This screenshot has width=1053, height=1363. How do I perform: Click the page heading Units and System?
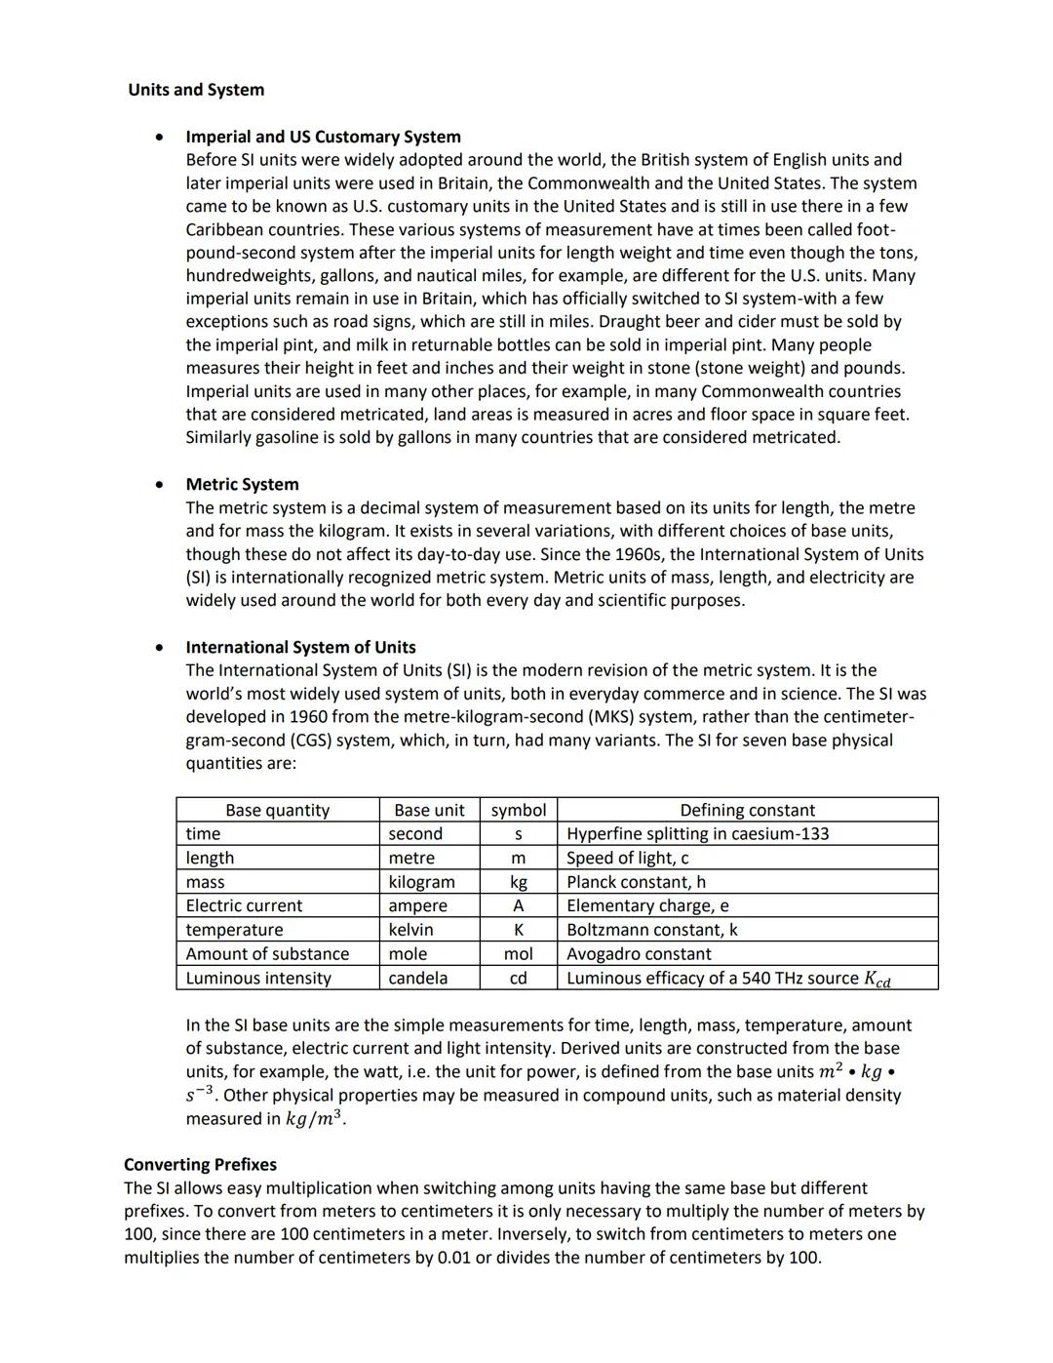[x=196, y=90]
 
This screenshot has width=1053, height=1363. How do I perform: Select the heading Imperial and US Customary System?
[x=323, y=137]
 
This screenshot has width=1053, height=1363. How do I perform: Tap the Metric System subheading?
[x=242, y=484]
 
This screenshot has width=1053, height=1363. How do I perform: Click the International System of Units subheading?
[x=300, y=647]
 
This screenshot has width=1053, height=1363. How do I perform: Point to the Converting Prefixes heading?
[x=200, y=1164]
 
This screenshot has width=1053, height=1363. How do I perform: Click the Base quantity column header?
[x=277, y=810]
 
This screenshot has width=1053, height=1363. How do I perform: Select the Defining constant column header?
[x=747, y=810]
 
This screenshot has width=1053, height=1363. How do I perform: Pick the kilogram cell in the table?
[x=421, y=882]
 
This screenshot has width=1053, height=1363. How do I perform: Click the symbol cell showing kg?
[x=518, y=882]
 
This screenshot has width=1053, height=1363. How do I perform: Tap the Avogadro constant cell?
[x=639, y=954]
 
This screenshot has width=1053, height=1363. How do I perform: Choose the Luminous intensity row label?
[x=258, y=978]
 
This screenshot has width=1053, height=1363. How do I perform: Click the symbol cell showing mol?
[x=518, y=954]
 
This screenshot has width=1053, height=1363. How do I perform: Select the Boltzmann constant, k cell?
[x=651, y=930]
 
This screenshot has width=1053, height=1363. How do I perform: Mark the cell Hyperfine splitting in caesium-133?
[x=697, y=834]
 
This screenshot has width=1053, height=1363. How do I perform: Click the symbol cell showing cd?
[x=518, y=978]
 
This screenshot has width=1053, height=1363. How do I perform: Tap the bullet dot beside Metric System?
[x=158, y=484]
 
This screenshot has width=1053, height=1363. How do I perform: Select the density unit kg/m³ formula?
[x=314, y=1118]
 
